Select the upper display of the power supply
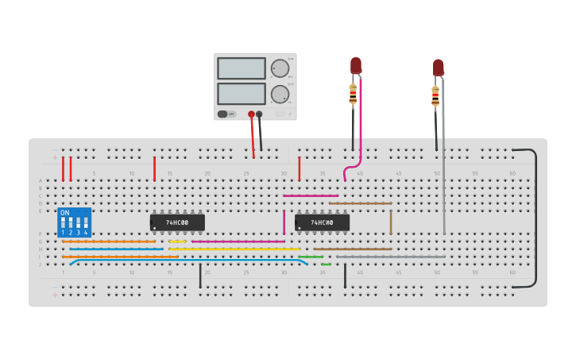tap(242, 68)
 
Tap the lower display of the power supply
tap(242, 94)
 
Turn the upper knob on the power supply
tap(280, 68)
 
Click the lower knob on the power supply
tap(280, 94)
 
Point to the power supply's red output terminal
tap(251, 114)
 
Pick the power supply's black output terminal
tap(259, 114)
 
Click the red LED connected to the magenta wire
tap(356, 65)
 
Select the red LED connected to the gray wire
tap(438, 68)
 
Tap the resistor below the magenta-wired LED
tap(353, 95)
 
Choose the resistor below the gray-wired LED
tap(435, 96)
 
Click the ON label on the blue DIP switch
tap(65, 213)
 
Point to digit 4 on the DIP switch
tap(86, 232)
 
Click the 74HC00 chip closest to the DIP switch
tap(177, 223)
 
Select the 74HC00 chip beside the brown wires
tap(322, 223)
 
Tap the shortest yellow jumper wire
tap(177, 242)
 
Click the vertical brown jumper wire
tap(391, 222)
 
